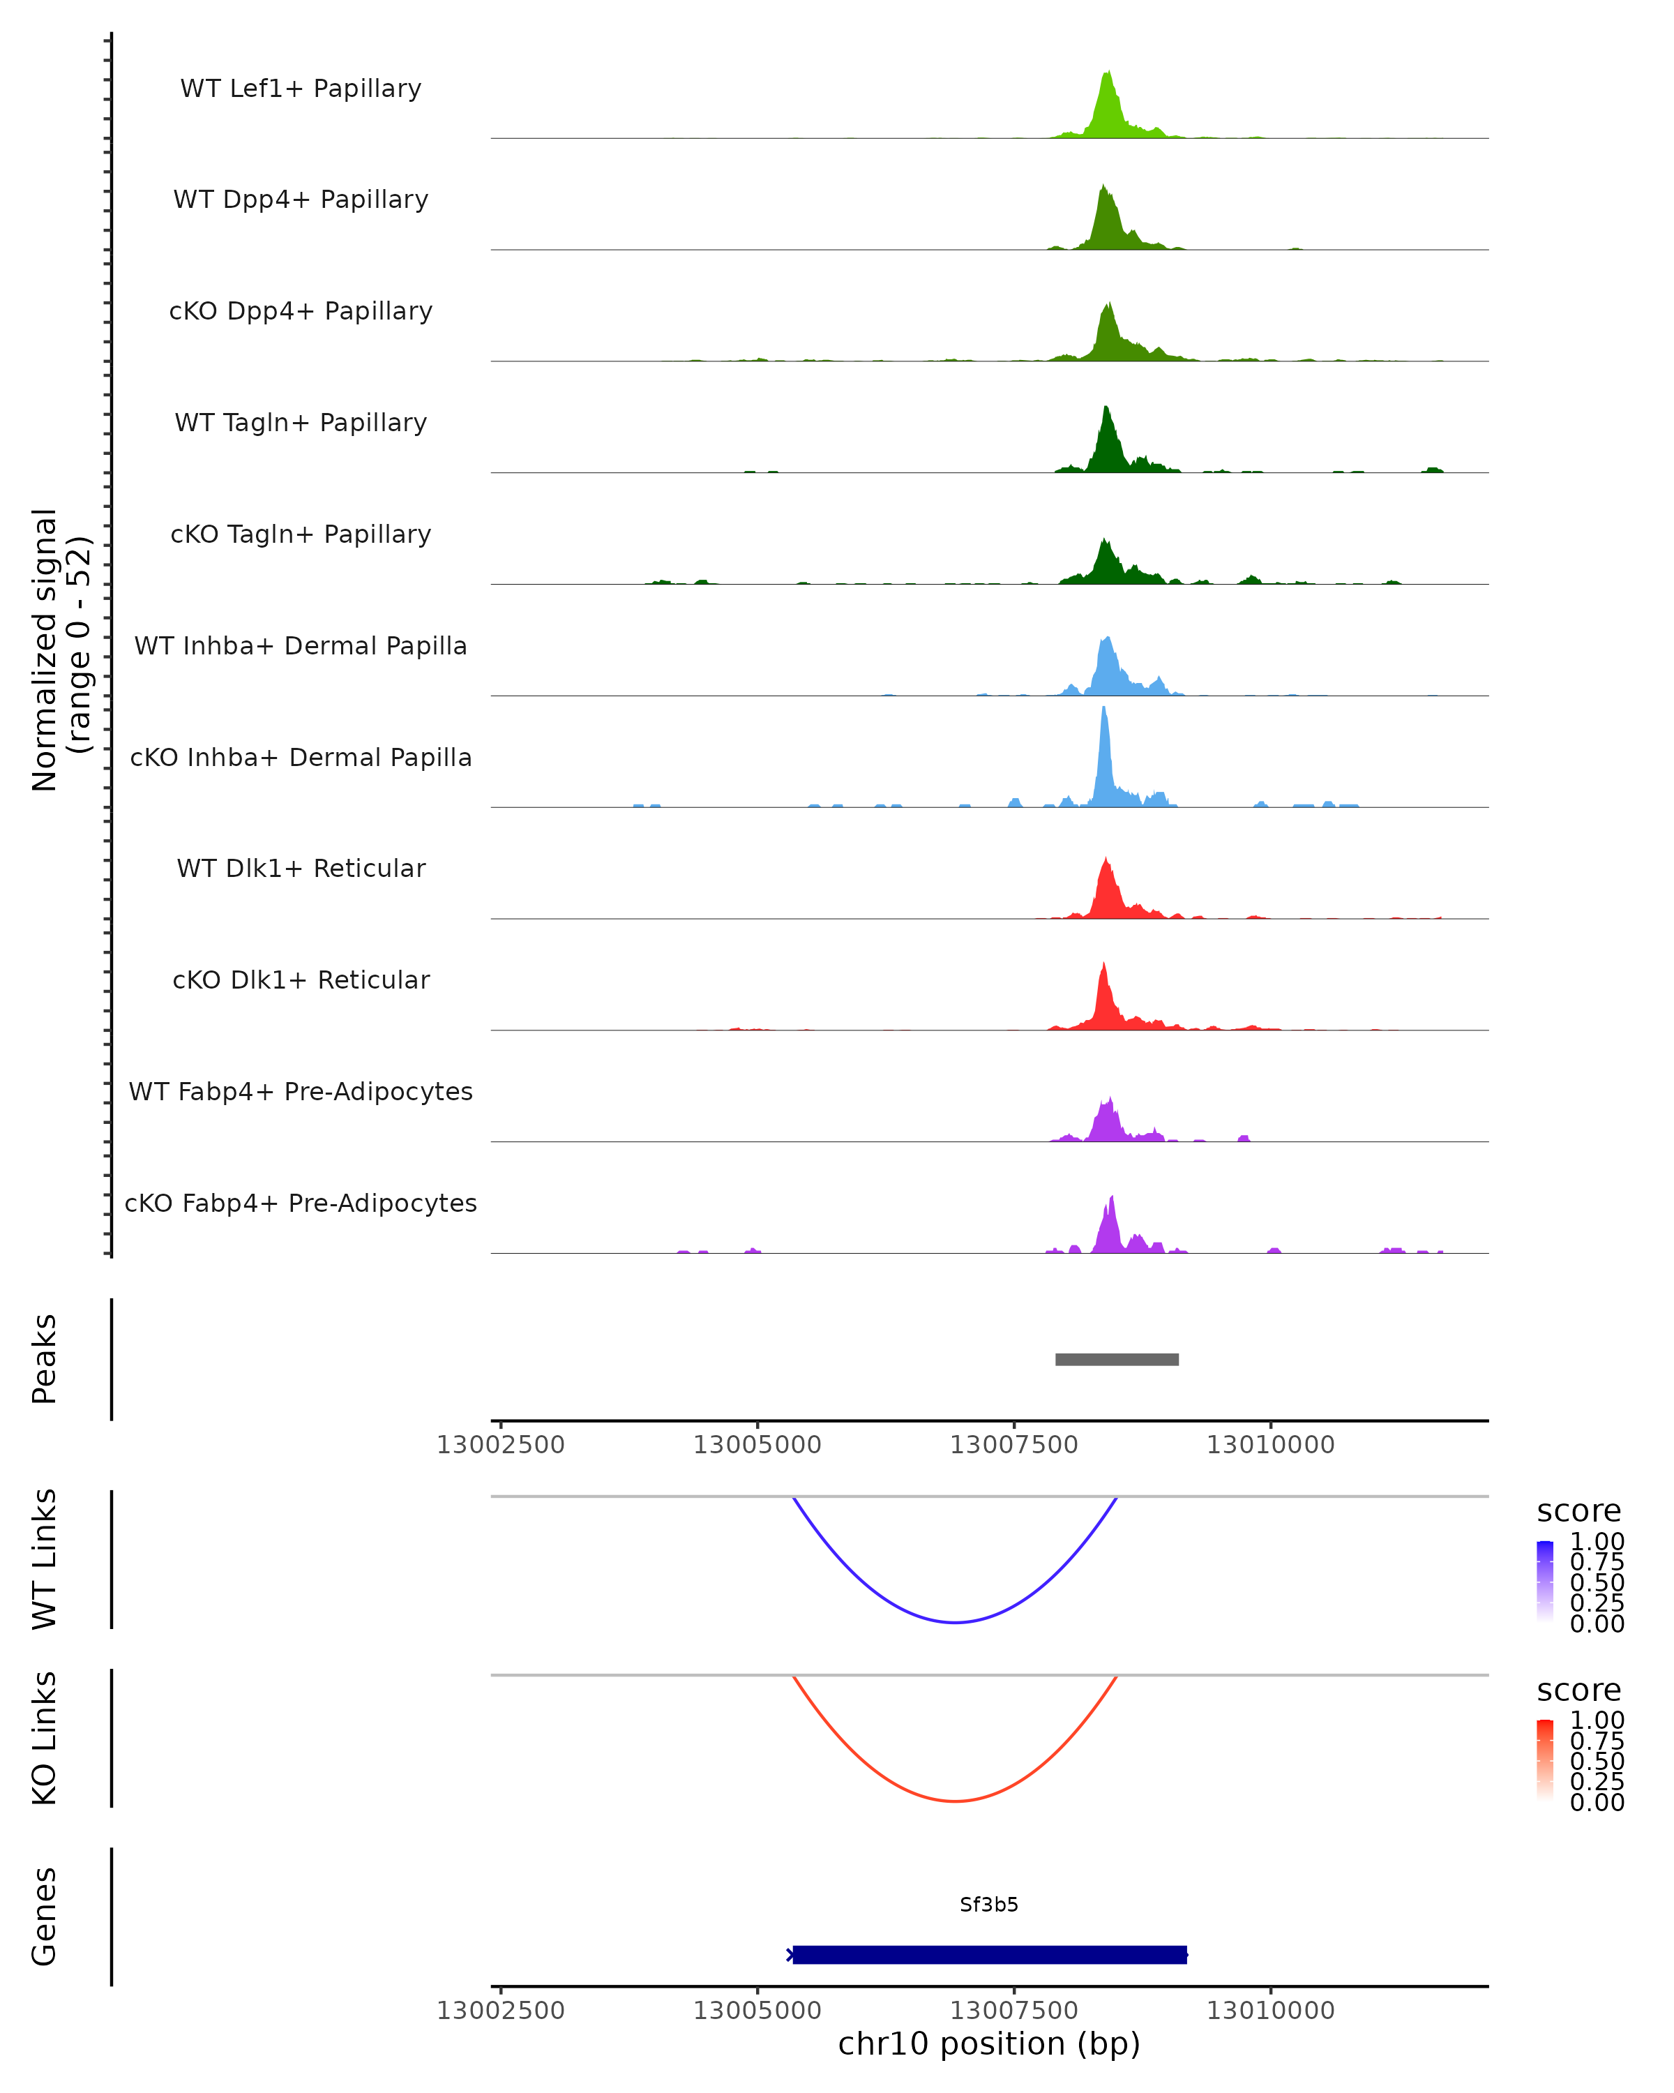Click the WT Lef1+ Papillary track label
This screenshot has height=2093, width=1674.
tap(301, 89)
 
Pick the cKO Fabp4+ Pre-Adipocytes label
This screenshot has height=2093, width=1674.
tap(301, 1203)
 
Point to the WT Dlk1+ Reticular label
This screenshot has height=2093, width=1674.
tap(301, 868)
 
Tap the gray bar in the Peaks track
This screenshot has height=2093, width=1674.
tap(1117, 1359)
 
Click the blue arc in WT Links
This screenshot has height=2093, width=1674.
tap(956, 1622)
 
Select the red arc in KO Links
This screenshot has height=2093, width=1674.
tap(956, 1801)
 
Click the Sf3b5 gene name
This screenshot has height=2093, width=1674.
tap(989, 1905)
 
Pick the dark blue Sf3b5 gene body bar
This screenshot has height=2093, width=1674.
tap(989, 1954)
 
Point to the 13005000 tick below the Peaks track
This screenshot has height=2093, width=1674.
tap(757, 1445)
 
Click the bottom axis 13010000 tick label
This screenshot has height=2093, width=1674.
tap(1270, 2011)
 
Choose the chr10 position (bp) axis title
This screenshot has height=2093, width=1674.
tap(989, 2044)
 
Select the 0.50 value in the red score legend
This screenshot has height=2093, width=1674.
tap(1597, 1761)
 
